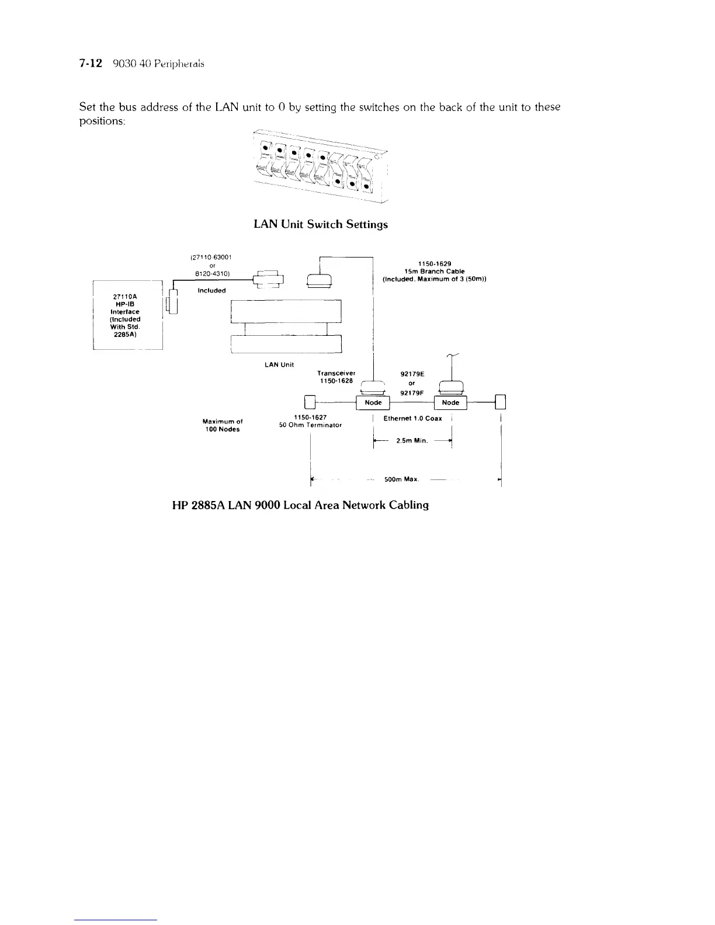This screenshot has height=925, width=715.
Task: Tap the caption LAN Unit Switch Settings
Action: click(321, 224)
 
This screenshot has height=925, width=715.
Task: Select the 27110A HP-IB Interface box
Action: click(127, 315)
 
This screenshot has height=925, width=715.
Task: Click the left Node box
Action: click(373, 402)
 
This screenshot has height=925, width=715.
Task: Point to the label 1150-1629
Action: click(435, 263)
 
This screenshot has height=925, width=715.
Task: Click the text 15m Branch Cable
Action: click(435, 271)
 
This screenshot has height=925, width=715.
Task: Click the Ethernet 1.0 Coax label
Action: click(412, 418)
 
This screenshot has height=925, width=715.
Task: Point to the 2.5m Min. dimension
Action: click(412, 441)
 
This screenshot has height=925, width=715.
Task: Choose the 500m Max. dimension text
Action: click(402, 479)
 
